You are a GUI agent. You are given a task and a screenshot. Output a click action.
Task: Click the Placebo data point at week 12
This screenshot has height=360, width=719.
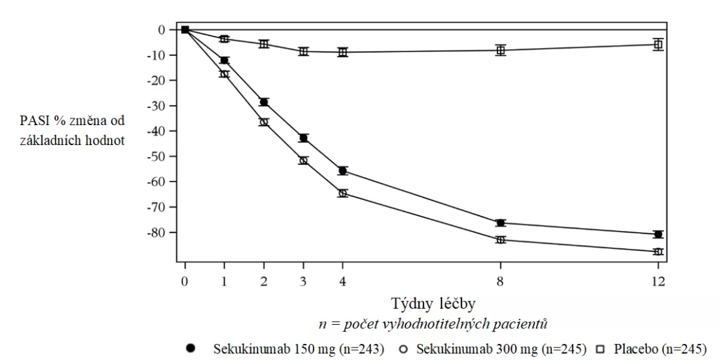tap(658, 45)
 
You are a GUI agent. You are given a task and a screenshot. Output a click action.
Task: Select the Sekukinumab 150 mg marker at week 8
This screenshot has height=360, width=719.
tap(500, 223)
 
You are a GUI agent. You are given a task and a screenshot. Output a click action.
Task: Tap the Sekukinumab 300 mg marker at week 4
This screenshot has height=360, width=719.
tap(343, 194)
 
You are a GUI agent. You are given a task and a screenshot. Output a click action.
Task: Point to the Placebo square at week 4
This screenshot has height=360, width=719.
tap(343, 52)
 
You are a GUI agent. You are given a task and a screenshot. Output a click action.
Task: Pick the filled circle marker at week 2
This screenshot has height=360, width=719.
tap(264, 102)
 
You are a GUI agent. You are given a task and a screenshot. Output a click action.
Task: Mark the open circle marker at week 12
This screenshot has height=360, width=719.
tap(658, 252)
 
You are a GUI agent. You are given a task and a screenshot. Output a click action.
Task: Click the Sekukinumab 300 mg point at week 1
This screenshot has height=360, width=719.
tap(224, 74)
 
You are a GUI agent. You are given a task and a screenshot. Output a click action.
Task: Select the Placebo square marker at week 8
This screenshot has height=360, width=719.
tap(500, 50)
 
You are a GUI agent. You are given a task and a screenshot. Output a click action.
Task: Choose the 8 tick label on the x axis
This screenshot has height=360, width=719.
tap(500, 281)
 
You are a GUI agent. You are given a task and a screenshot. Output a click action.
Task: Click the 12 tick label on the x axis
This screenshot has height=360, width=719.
tap(658, 281)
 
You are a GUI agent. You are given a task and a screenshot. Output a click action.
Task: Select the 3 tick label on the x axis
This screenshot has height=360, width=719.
tap(304, 281)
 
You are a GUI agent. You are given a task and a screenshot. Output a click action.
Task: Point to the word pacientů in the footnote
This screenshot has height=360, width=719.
tap(525, 324)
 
